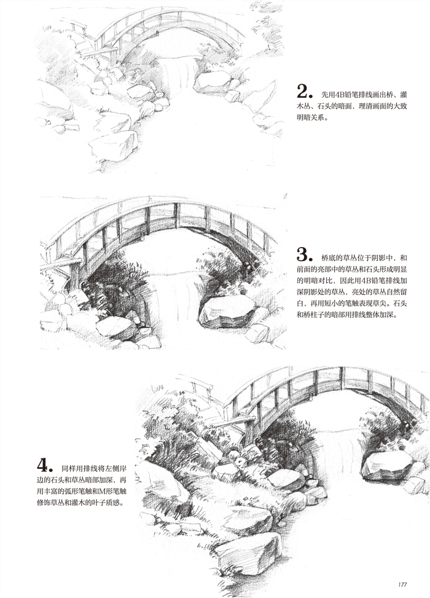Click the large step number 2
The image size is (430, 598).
pyautogui.click(x=303, y=92)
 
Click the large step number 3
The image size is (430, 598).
pyautogui.click(x=303, y=254)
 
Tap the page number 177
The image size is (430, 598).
pyautogui.click(x=402, y=584)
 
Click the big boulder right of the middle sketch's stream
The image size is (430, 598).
pyautogui.click(x=227, y=311)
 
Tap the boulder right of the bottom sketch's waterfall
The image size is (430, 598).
pyautogui.click(x=387, y=465)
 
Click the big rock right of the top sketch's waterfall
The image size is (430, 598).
pyautogui.click(x=212, y=82)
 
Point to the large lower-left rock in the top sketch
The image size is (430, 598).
pyautogui.click(x=113, y=145)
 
